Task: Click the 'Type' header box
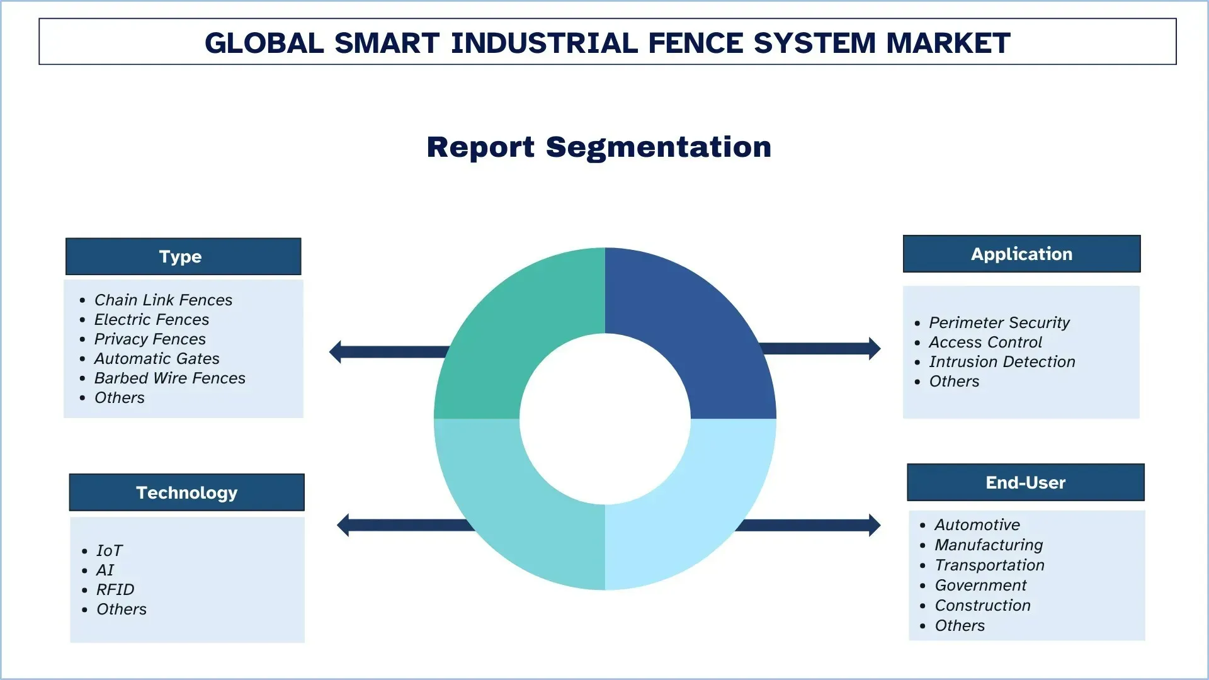pyautogui.click(x=183, y=256)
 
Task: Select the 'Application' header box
pyautogui.click(x=1021, y=254)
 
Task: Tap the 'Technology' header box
pyautogui.click(x=186, y=492)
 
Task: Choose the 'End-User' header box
pyautogui.click(x=1025, y=482)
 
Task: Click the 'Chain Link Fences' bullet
pyautogui.click(x=163, y=300)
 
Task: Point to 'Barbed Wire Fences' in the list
pyautogui.click(x=169, y=378)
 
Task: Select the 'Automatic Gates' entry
pyautogui.click(x=157, y=358)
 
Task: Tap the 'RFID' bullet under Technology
pyautogui.click(x=115, y=589)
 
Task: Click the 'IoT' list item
pyautogui.click(x=109, y=550)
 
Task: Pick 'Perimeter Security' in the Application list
pyautogui.click(x=999, y=322)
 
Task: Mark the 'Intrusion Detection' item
pyautogui.click(x=1002, y=361)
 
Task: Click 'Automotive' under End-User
pyautogui.click(x=977, y=524)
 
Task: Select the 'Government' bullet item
pyautogui.click(x=980, y=585)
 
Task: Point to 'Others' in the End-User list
pyautogui.click(x=960, y=625)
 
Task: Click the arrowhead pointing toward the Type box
pyautogui.click(x=336, y=352)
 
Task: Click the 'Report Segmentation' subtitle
pyautogui.click(x=599, y=147)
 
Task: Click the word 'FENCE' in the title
pyautogui.click(x=695, y=43)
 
